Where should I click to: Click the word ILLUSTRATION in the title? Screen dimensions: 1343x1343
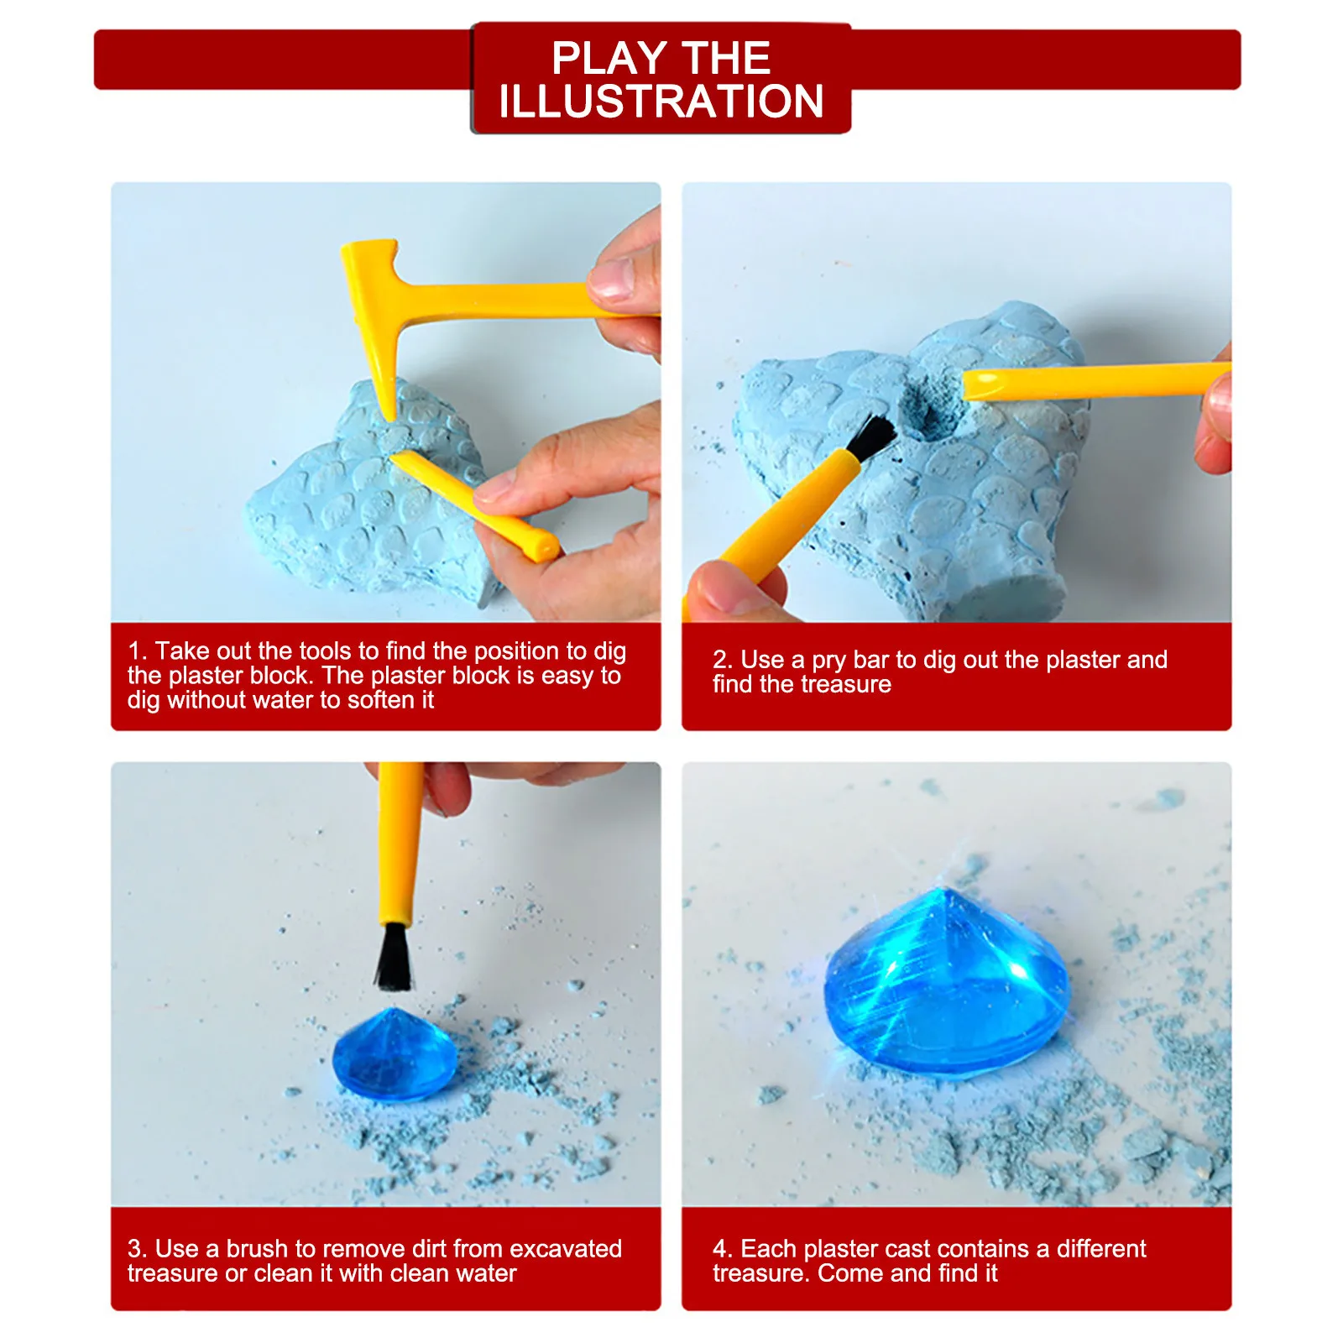click(661, 102)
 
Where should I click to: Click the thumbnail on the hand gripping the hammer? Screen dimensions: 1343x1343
click(611, 279)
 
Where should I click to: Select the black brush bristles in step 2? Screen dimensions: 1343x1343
click(873, 437)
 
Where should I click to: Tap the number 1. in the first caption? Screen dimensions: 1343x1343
click(137, 651)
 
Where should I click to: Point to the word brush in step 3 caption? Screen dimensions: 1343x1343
click(257, 1248)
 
